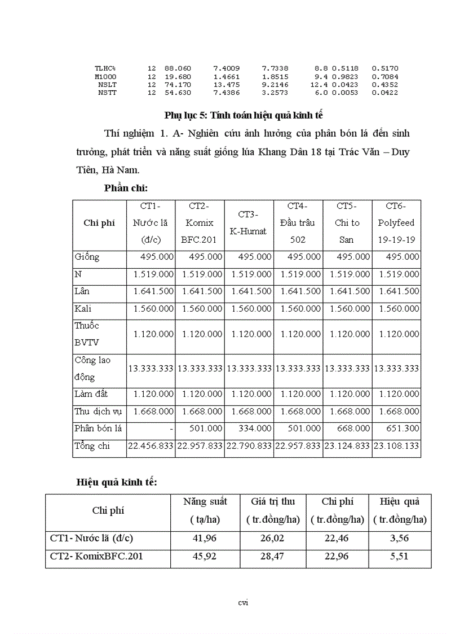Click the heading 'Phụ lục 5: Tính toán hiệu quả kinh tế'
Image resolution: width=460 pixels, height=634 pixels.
[244, 115]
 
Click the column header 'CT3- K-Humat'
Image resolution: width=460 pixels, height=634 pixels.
[249, 223]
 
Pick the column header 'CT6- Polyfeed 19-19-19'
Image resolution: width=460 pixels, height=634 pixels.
[396, 223]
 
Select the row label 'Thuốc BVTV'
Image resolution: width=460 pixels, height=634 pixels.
[87, 334]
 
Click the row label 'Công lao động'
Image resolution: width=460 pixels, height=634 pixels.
[93, 368]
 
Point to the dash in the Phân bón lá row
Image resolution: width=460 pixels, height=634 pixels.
[170, 429]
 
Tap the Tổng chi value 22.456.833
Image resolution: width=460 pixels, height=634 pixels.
[151, 446]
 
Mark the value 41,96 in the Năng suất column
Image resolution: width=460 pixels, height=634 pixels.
[205, 538]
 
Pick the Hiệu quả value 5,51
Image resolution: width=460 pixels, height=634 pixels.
[399, 556]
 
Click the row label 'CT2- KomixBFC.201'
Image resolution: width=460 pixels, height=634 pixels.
[96, 556]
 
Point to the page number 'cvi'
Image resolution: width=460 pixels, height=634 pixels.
[243, 602]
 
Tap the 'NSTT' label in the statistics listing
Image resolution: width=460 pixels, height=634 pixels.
[107, 93]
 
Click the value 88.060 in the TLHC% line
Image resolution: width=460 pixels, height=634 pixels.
[178, 68]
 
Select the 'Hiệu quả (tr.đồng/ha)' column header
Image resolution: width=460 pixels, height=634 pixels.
[400, 510]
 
